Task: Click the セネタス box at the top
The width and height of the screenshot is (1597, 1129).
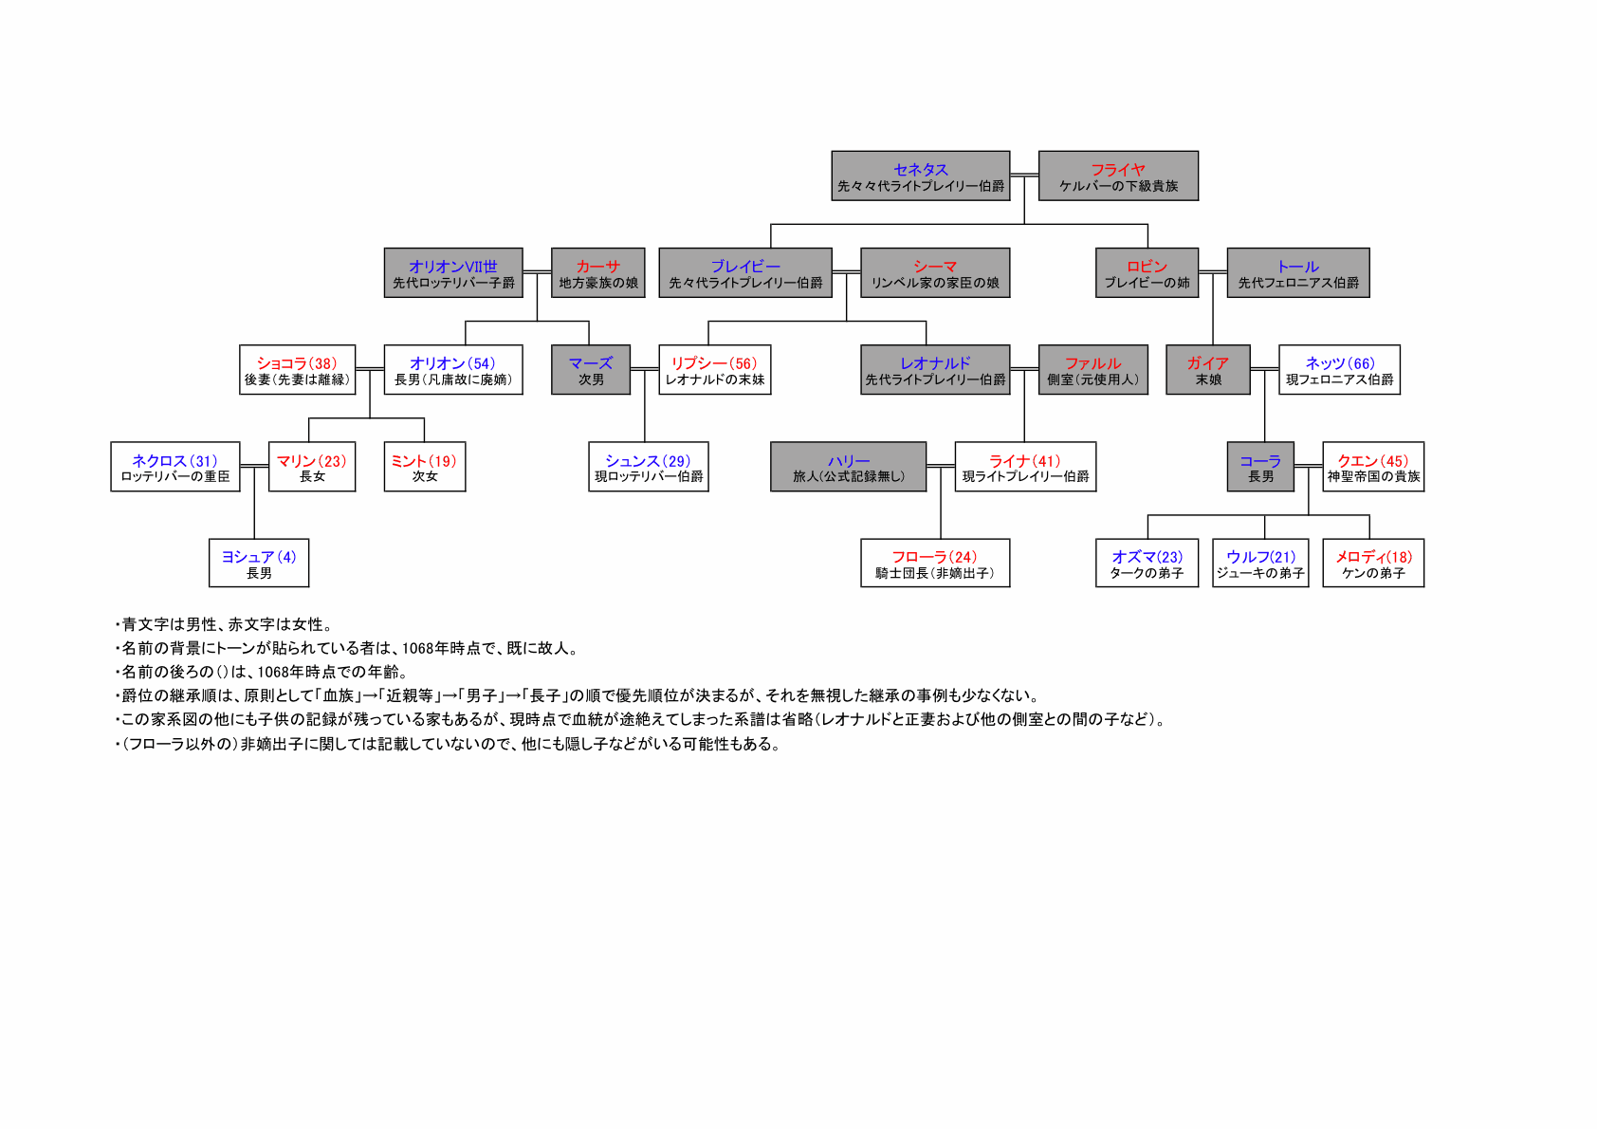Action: (x=921, y=176)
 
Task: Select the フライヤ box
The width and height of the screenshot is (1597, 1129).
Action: (x=1118, y=176)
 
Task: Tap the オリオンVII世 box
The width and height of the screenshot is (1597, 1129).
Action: (x=453, y=272)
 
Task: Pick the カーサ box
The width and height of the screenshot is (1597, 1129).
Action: (x=598, y=272)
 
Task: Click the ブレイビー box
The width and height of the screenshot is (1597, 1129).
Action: (x=745, y=272)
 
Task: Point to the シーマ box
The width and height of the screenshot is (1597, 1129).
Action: (x=935, y=272)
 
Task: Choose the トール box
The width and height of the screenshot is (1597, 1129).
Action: (x=1297, y=272)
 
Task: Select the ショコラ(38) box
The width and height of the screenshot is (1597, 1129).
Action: (x=297, y=369)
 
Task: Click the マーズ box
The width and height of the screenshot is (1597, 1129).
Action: (x=591, y=369)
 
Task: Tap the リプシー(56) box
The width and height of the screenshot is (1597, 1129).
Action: (x=714, y=369)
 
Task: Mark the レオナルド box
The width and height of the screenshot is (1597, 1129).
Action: (x=935, y=369)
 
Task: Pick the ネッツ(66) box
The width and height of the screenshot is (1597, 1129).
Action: (x=1339, y=369)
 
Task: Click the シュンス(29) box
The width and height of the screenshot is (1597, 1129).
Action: (x=648, y=467)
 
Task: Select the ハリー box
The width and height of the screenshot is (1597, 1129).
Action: (x=849, y=467)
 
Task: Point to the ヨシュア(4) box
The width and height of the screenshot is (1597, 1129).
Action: (x=259, y=563)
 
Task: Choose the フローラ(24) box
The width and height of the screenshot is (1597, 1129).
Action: (x=935, y=563)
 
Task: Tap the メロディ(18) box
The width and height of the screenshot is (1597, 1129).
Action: (x=1373, y=563)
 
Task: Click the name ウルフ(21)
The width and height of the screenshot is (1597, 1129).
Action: (x=1260, y=556)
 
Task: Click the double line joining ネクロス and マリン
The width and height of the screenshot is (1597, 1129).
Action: (x=254, y=466)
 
